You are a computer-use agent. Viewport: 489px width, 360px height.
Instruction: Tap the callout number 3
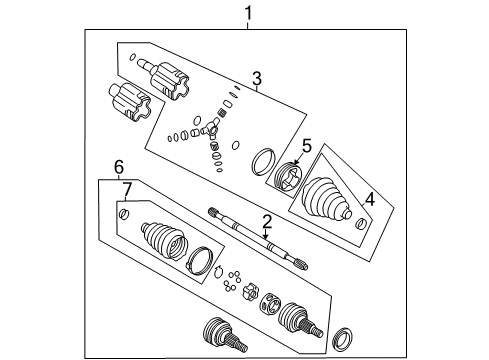click(x=256, y=79)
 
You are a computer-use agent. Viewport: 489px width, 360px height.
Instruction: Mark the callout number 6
click(x=118, y=166)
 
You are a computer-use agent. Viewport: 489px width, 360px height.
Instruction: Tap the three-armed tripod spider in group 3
click(x=211, y=129)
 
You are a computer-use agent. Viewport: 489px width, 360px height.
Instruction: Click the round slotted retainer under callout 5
click(x=288, y=178)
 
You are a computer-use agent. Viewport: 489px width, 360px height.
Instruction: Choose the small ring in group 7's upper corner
click(x=123, y=213)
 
